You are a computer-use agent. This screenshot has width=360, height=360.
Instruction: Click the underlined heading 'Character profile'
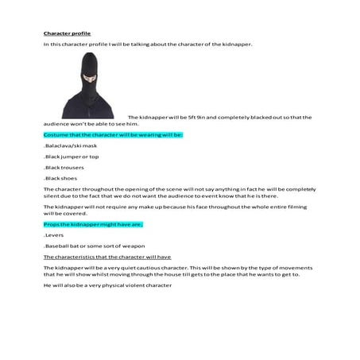click(67, 33)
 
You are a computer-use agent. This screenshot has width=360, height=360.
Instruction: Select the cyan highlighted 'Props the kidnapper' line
click(92, 225)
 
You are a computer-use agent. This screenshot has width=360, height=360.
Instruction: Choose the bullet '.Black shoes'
click(60, 179)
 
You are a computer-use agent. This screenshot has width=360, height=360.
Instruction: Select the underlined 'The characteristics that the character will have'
click(106, 257)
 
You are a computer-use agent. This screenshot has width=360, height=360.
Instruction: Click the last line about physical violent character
click(107, 285)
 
